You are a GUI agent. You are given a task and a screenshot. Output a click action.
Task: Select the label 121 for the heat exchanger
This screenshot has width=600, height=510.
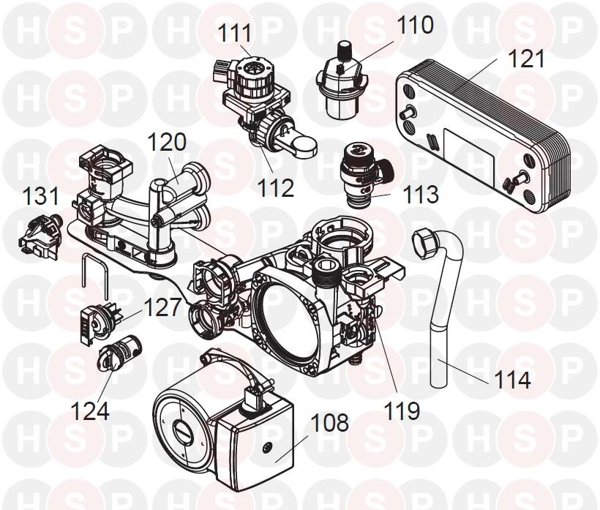(x=526, y=59)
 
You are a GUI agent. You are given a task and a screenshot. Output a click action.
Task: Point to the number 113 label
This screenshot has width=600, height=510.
(x=420, y=195)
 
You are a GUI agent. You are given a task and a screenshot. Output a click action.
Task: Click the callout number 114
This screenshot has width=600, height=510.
(x=512, y=380)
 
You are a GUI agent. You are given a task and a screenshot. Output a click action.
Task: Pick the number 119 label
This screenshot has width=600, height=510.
(x=402, y=411)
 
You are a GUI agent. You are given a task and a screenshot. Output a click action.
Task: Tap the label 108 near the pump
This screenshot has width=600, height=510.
(x=329, y=422)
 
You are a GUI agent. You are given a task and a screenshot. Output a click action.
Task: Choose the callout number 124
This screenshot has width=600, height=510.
(x=90, y=411)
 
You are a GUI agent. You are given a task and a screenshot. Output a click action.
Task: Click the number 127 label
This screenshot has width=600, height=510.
(x=162, y=307)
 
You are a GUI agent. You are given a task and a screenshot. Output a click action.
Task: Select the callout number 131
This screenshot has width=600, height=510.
(x=41, y=196)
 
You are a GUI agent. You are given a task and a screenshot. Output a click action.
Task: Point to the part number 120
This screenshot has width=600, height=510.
(x=167, y=142)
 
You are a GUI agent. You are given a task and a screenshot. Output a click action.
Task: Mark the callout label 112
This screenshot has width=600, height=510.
(x=276, y=188)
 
